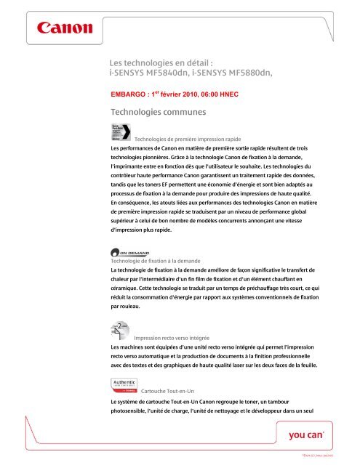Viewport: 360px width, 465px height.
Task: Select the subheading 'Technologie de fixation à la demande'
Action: [153, 261]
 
